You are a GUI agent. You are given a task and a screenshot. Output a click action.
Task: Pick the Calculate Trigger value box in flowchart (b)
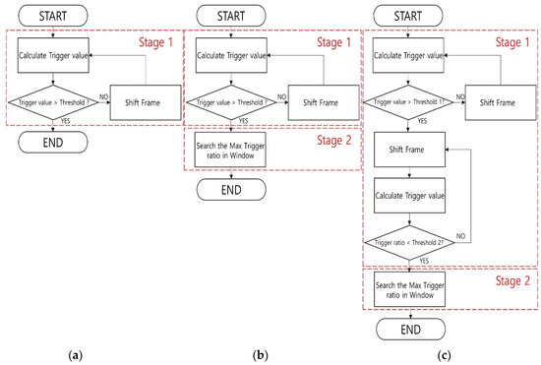228,55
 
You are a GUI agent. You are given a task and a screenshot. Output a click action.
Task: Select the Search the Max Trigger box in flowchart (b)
228,150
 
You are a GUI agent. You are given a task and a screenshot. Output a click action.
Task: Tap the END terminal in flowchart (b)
228,189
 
